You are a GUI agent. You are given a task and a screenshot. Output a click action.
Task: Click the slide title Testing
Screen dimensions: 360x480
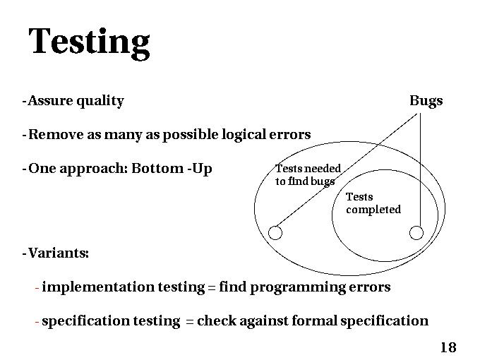[x=89, y=42]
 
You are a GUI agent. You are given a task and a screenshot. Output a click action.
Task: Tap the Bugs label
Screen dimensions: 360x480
[x=426, y=101]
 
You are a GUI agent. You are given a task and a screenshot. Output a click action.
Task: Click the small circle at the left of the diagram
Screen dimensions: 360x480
[x=276, y=232]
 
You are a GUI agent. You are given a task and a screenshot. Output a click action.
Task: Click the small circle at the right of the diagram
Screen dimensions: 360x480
[x=416, y=232]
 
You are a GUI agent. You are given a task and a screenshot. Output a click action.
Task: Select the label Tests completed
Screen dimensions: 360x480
[x=373, y=203]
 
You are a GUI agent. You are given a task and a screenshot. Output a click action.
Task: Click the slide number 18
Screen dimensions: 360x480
[x=448, y=347]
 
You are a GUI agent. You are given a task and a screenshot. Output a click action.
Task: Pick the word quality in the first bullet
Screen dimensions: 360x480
[x=100, y=101]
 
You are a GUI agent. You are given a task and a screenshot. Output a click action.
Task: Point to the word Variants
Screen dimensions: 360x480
[x=57, y=253]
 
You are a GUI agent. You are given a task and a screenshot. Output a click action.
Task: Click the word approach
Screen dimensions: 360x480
[x=92, y=169]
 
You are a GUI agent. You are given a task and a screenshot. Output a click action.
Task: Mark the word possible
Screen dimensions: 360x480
[x=190, y=135]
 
